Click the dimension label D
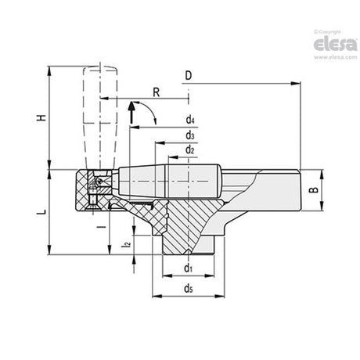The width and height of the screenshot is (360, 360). [x=189, y=75]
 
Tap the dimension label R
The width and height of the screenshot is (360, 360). [x=157, y=92]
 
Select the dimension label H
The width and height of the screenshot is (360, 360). [x=41, y=117]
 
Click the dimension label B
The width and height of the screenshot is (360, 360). [x=314, y=189]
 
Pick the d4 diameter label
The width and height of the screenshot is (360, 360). [x=190, y=120]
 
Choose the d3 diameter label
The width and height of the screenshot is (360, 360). [x=190, y=135]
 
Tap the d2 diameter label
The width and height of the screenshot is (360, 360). [x=190, y=150]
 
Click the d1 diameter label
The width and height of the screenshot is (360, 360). [x=189, y=268]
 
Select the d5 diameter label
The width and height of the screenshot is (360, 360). [x=189, y=289]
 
